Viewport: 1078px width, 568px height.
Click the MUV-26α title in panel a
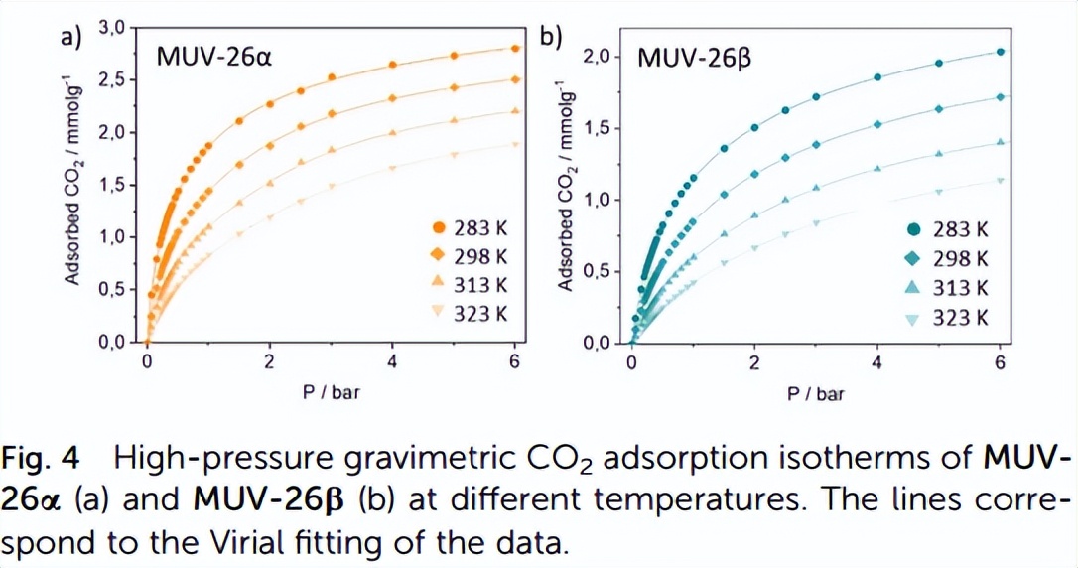pos(214,56)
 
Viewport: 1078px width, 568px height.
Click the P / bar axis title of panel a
pos(331,393)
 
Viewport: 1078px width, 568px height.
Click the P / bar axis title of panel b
pos(816,393)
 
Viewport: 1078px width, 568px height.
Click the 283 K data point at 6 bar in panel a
pos(515,48)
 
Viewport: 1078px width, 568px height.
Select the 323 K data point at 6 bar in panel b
pos(1000,181)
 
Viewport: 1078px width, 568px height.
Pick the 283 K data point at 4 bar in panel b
pos(877,77)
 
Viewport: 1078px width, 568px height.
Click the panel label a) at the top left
pos(69,37)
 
